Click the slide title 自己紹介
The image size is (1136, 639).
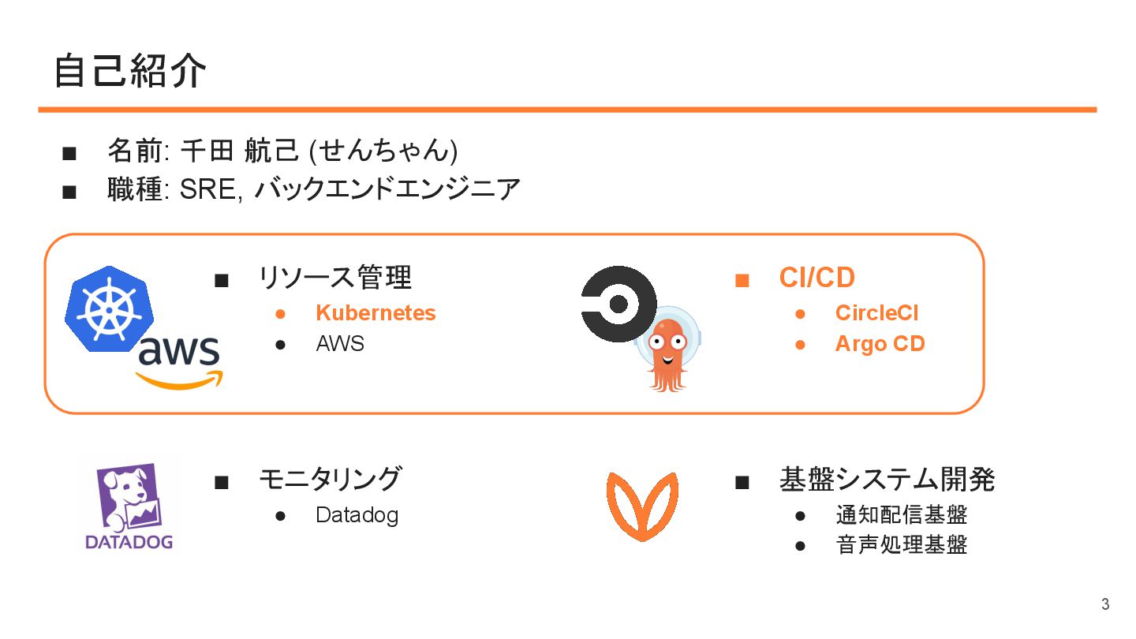130,72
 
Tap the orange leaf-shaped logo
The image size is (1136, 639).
641,505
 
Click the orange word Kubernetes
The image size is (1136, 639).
376,313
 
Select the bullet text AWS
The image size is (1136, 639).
340,344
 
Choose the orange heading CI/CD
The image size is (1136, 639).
816,278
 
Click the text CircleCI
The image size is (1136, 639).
876,313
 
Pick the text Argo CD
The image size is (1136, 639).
880,344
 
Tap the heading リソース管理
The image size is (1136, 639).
335,278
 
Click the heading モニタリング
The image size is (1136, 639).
330,479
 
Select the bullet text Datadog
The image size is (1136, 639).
357,515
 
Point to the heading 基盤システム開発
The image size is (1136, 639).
887,479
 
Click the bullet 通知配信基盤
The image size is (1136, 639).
901,515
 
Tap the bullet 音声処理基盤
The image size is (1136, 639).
901,544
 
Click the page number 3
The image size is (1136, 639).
1104,605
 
